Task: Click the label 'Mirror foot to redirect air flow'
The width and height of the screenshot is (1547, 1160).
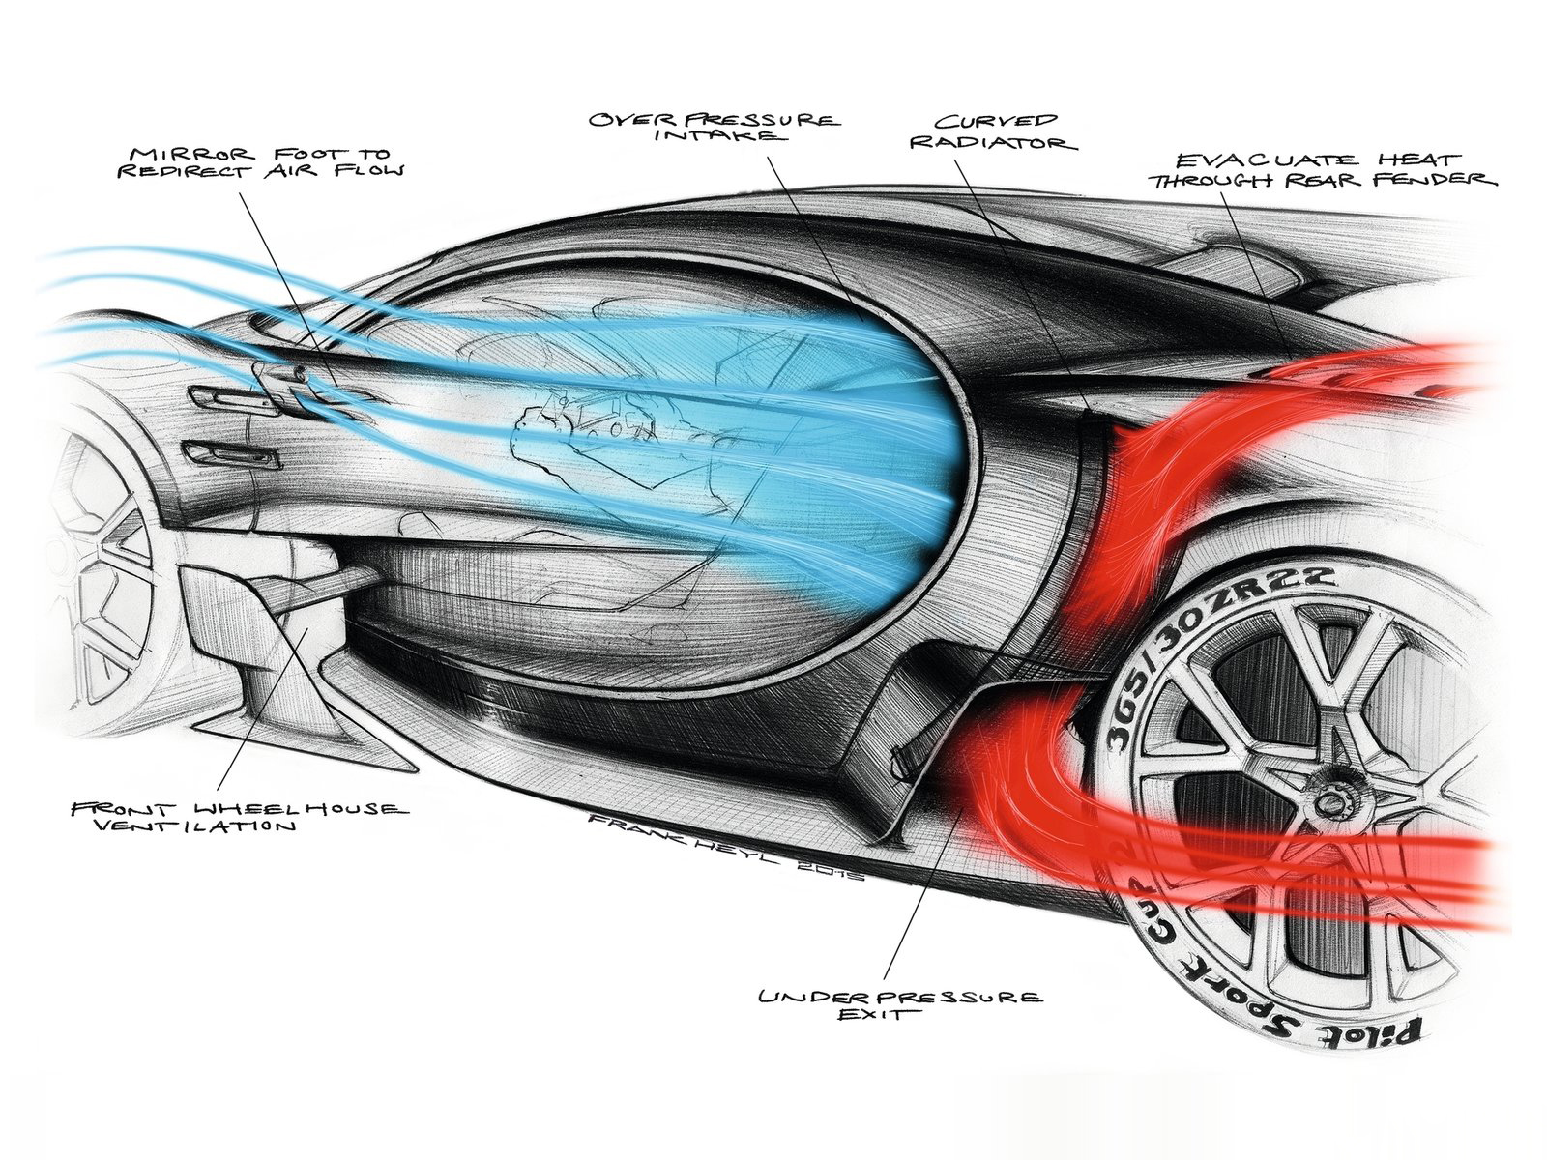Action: tap(266, 160)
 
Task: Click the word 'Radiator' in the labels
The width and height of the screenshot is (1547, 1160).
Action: tap(1007, 142)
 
